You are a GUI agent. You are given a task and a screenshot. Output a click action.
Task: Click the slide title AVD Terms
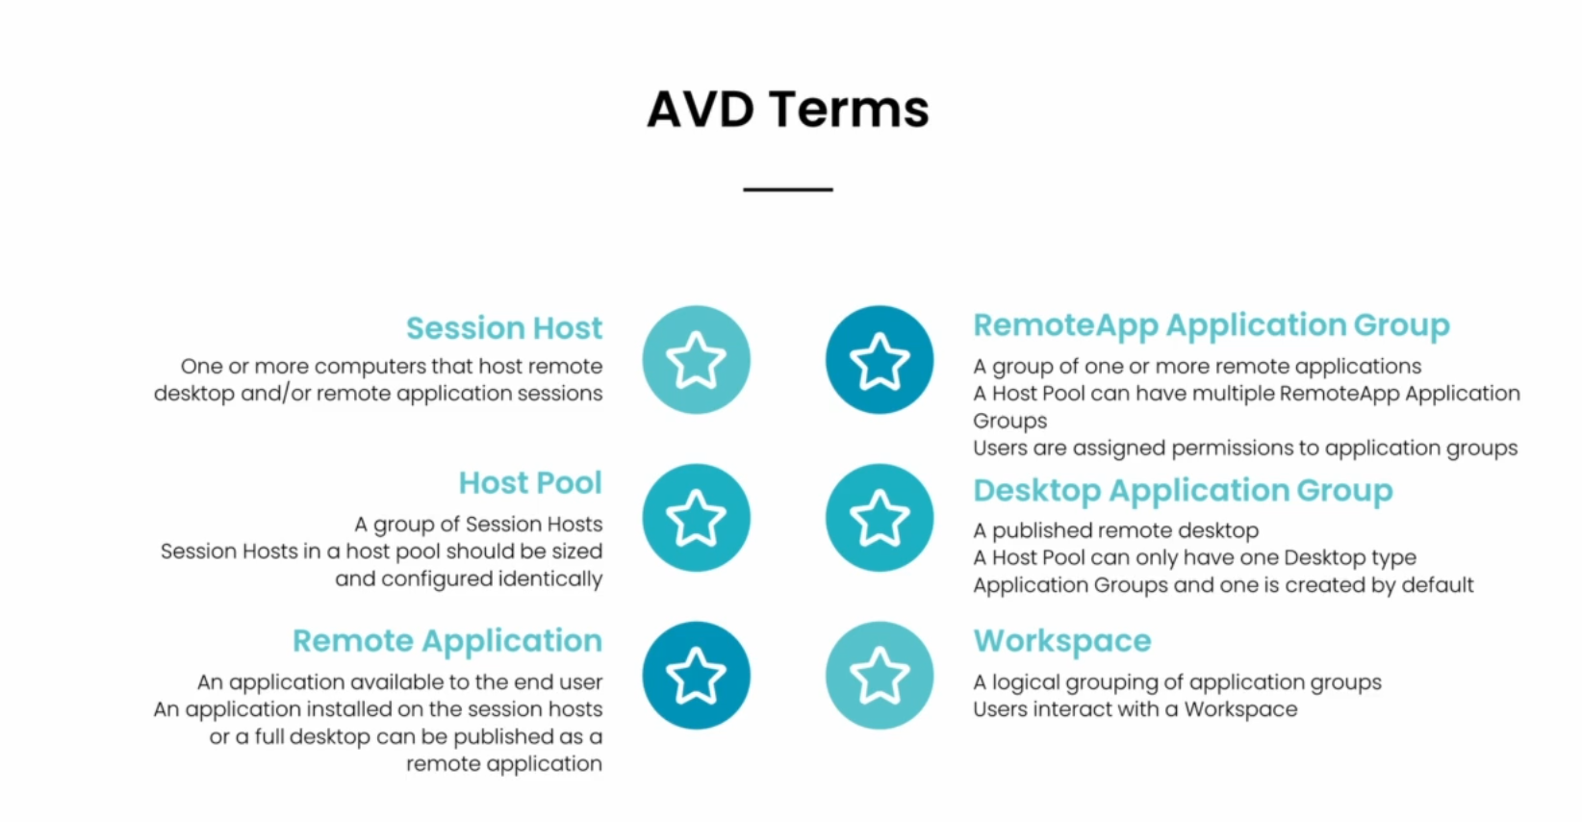pyautogui.click(x=787, y=110)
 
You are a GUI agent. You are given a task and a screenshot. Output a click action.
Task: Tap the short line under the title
pyautogui.click(x=787, y=190)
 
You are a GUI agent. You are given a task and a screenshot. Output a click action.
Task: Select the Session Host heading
pyautogui.click(x=504, y=327)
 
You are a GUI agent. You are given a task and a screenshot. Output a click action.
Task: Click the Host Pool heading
pyautogui.click(x=530, y=483)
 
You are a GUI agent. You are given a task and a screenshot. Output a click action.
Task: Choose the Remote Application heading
pyautogui.click(x=447, y=641)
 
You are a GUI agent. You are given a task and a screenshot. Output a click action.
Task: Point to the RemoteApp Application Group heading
pyautogui.click(x=1212, y=325)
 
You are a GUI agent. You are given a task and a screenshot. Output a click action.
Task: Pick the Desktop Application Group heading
pyautogui.click(x=1183, y=490)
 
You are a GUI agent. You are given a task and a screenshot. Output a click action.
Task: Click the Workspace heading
pyautogui.click(x=1062, y=641)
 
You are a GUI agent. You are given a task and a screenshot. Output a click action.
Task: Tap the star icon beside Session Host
pyautogui.click(x=697, y=359)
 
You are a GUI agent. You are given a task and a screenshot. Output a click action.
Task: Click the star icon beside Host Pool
pyautogui.click(x=697, y=518)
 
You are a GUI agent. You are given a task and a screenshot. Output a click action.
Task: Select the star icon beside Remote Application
pyautogui.click(x=697, y=675)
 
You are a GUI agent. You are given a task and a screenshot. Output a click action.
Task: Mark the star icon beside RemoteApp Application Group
pyautogui.click(x=880, y=359)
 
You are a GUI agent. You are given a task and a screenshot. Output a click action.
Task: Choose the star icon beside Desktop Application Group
pyautogui.click(x=880, y=518)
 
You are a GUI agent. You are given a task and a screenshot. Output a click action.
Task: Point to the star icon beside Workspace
pyautogui.click(x=880, y=675)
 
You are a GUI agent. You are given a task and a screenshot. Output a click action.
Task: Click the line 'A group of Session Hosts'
pyautogui.click(x=478, y=525)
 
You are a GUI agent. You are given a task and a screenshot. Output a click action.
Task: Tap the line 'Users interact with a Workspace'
pyautogui.click(x=1135, y=709)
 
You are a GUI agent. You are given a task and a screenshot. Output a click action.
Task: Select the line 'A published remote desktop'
pyautogui.click(x=1116, y=530)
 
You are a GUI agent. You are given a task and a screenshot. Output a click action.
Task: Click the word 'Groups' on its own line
pyautogui.click(x=1010, y=422)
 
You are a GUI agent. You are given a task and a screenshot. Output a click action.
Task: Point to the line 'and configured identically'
pyautogui.click(x=469, y=579)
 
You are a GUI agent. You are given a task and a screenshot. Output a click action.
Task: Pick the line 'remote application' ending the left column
pyautogui.click(x=504, y=764)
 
